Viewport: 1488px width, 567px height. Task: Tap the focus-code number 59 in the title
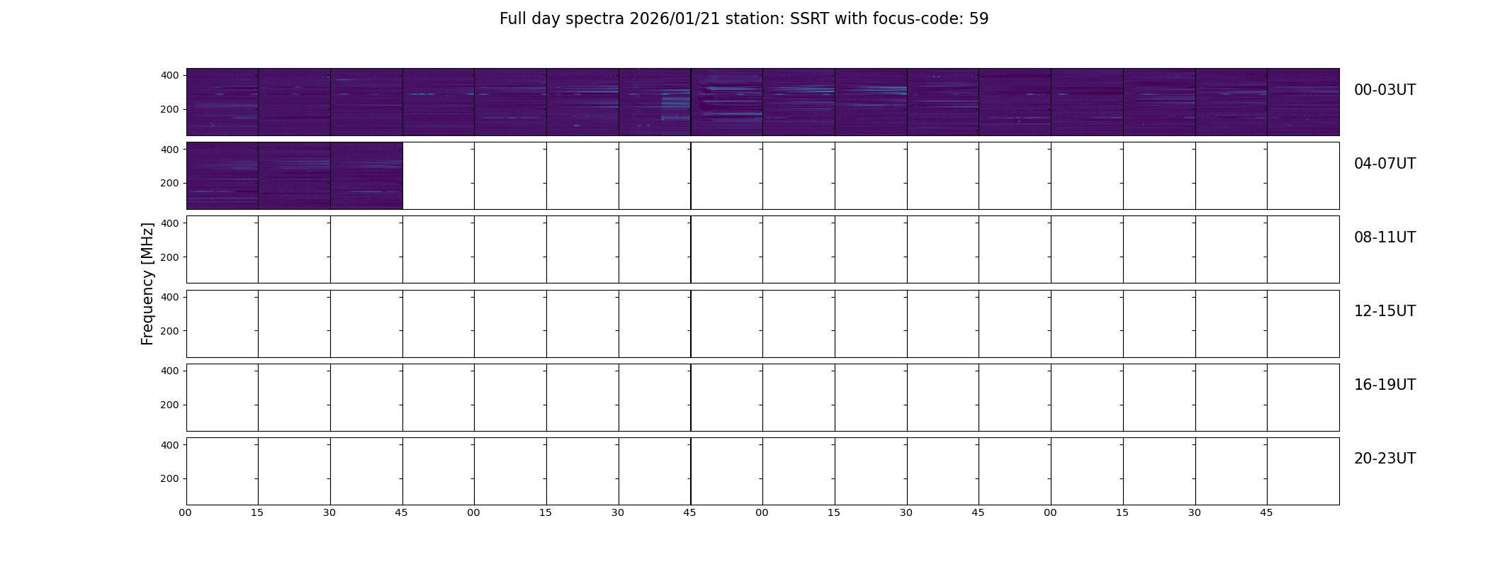coord(979,19)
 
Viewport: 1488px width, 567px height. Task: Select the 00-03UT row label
coord(1385,90)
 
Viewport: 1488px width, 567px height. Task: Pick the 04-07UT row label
coord(1385,164)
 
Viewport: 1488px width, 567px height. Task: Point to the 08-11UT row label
coord(1385,237)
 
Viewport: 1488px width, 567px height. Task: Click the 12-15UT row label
coord(1385,311)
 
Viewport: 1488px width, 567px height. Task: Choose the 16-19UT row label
coord(1385,385)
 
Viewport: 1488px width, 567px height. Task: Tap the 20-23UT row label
coord(1385,459)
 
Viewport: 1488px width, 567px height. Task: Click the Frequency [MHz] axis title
coord(147,284)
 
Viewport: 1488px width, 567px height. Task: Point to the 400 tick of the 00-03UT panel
coord(170,75)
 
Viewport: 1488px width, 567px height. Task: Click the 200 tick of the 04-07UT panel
coord(170,183)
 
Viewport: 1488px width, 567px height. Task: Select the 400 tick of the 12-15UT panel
coord(170,297)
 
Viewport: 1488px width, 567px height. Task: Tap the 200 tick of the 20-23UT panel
coord(170,478)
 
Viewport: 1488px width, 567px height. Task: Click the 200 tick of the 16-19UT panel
coord(170,405)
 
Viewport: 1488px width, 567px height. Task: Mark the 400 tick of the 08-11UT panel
coord(170,223)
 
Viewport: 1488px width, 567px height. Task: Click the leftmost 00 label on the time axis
coord(186,512)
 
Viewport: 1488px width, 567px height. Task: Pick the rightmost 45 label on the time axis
coord(1266,512)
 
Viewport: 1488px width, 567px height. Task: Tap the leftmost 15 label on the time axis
coord(257,512)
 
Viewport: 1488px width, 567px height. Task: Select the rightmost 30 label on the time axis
coord(1195,512)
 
